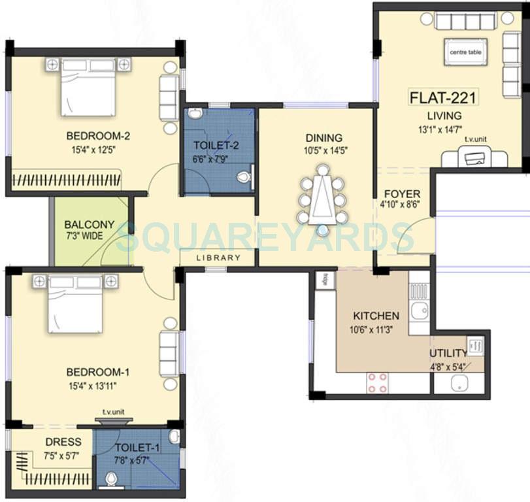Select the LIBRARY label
pos(219,258)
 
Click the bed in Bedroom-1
pos(75,303)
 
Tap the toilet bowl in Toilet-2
pos(244,176)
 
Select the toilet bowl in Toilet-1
pos(112,480)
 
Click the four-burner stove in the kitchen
pos(377,382)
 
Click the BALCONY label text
pos(90,224)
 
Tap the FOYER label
pos(402,195)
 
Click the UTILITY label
pos(448,354)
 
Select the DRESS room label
pos(63,442)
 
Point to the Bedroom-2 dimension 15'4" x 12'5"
pos(98,149)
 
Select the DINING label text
pos(323,138)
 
